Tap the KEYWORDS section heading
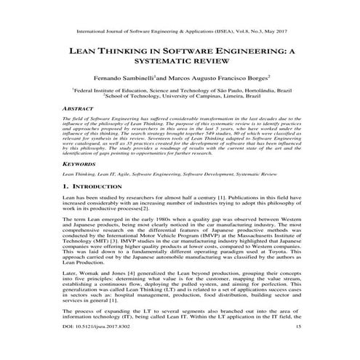tap(79, 185)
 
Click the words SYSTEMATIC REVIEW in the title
tap(180, 64)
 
